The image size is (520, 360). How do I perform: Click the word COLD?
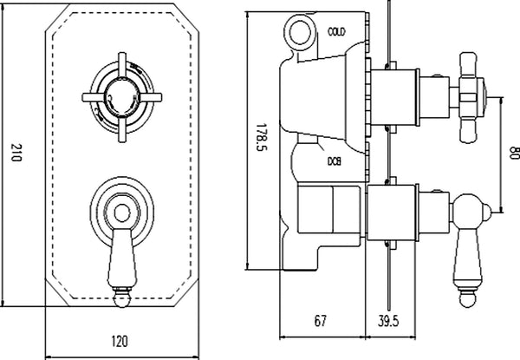click(337, 31)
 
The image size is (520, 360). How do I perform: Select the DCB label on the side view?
click(334, 160)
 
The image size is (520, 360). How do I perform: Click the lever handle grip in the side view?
click(469, 252)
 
